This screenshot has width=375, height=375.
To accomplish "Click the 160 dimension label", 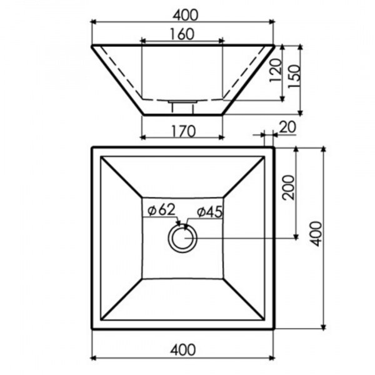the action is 182,34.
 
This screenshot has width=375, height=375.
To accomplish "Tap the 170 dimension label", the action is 184,131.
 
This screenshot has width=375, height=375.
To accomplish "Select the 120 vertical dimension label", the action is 275,71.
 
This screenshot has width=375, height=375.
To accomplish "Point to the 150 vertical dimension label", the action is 294,76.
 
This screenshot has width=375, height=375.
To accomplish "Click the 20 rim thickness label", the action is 287,127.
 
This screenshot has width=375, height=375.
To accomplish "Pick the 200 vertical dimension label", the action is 288,187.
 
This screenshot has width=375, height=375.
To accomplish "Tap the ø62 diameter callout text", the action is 162,210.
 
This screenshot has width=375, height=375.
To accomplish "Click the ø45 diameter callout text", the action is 209,212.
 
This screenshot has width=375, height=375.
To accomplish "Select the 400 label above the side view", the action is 186,15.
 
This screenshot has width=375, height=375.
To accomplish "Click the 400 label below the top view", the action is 183,350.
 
